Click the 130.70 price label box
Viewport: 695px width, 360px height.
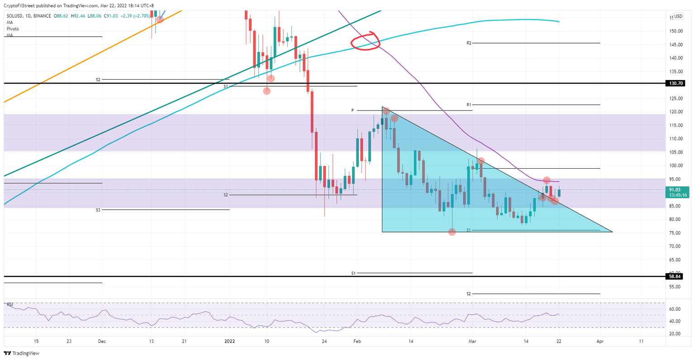(x=677, y=84)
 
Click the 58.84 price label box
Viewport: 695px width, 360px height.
(x=677, y=276)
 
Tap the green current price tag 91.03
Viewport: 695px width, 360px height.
(x=677, y=192)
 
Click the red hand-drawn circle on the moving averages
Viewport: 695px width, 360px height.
(x=365, y=41)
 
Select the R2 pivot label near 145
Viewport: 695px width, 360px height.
(x=469, y=43)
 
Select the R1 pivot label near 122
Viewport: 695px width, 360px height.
(x=469, y=105)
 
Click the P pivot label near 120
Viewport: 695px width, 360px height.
(x=352, y=110)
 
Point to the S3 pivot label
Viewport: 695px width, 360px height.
(x=98, y=210)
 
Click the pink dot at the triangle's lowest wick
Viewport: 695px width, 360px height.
(x=452, y=232)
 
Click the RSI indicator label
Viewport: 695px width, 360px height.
(x=10, y=304)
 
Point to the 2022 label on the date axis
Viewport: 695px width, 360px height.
(x=229, y=342)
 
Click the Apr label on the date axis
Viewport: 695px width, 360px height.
(x=600, y=342)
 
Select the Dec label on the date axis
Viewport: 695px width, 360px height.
(x=102, y=342)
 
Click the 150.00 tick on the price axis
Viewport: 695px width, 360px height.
(x=676, y=31)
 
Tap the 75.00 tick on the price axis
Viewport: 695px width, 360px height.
(x=675, y=233)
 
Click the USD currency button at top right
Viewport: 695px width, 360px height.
(x=677, y=17)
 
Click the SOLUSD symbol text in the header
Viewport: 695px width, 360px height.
(x=16, y=16)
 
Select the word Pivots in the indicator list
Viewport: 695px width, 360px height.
(x=13, y=28)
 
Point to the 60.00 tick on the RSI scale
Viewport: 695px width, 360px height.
(x=675, y=309)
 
